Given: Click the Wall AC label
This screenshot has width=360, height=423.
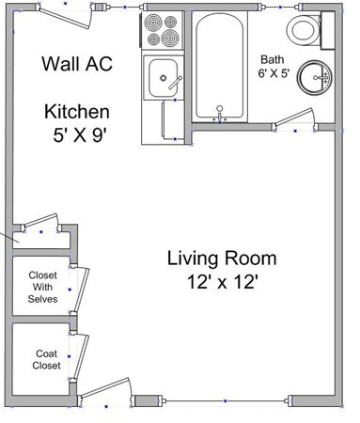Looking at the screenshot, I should pyautogui.click(x=79, y=64).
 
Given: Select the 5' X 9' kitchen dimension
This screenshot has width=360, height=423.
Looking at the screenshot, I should pyautogui.click(x=83, y=134).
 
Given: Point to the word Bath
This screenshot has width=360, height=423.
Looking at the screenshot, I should pyautogui.click(x=272, y=56).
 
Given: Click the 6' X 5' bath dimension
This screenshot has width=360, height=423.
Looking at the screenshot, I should pyautogui.click(x=274, y=72).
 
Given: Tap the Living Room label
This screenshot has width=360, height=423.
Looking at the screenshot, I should pyautogui.click(x=221, y=258).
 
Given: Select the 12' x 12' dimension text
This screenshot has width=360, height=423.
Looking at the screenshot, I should pyautogui.click(x=222, y=280).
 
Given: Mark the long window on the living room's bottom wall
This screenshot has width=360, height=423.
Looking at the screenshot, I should pyautogui.click(x=225, y=401).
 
